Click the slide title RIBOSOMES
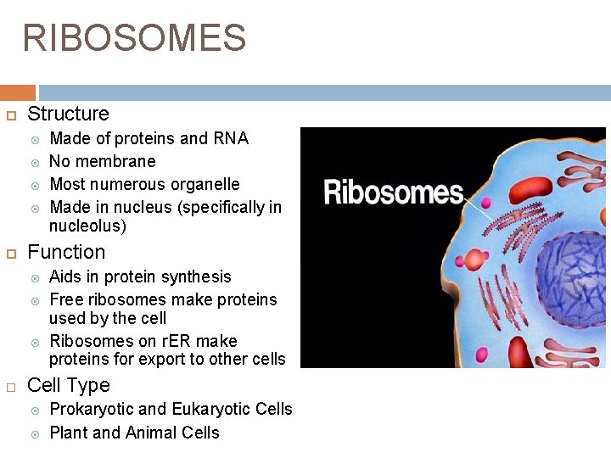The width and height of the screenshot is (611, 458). click(134, 38)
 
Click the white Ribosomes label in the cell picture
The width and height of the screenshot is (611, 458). click(392, 193)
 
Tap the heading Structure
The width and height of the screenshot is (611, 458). click(68, 114)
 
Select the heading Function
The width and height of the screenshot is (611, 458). click(66, 252)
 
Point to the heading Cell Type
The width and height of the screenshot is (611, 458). click(69, 385)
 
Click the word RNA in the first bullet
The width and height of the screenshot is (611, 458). click(231, 138)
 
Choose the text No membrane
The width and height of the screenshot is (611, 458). click(103, 161)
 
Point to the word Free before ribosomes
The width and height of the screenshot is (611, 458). click(66, 299)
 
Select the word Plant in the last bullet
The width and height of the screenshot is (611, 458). click(69, 433)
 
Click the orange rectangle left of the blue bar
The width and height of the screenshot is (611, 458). click(18, 92)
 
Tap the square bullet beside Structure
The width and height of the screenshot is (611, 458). click(12, 114)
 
